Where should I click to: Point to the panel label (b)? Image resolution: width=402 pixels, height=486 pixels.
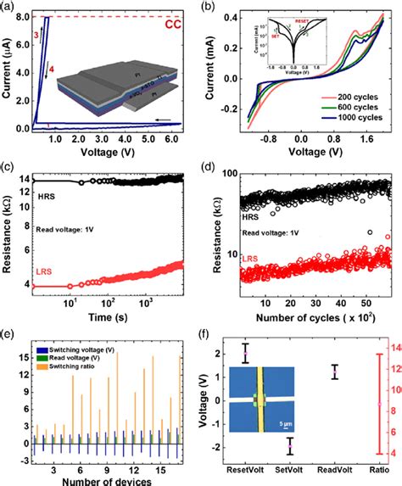(x=214, y=6)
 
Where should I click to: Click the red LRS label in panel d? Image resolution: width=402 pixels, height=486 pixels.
(x=252, y=281)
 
